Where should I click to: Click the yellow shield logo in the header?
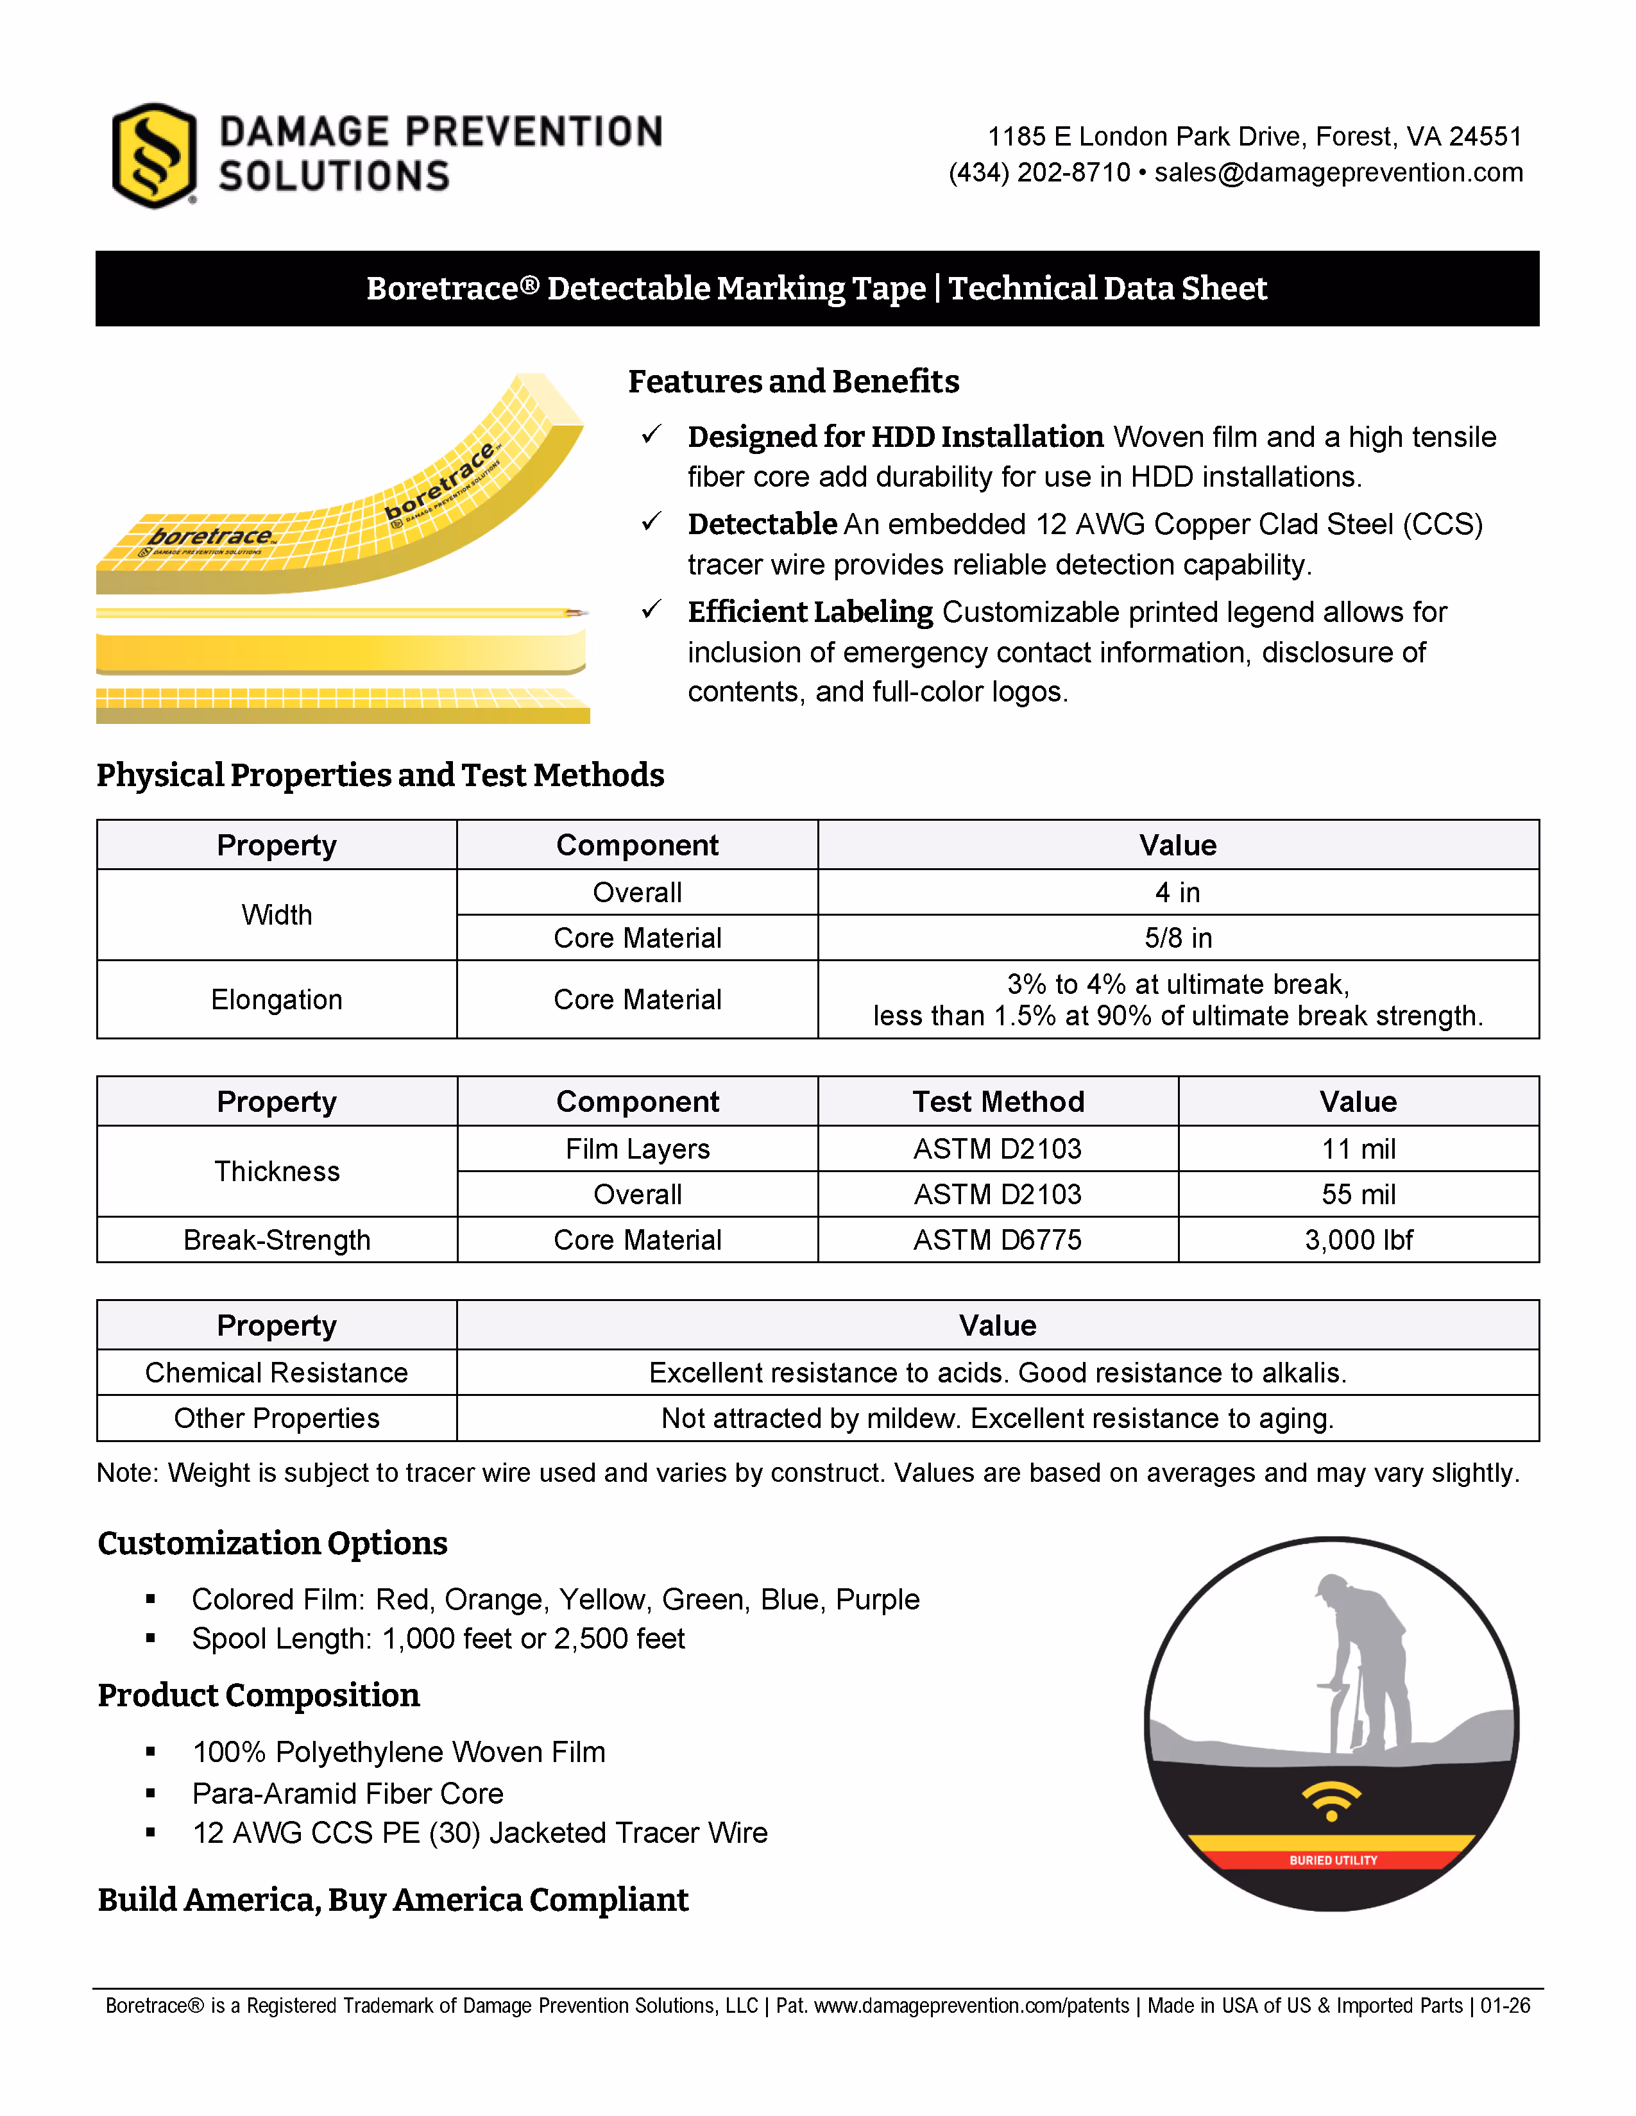point(154,155)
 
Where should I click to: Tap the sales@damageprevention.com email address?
point(1338,172)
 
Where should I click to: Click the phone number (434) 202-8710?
point(1039,172)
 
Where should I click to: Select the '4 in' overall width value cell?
point(1177,893)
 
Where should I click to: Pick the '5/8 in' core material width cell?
point(1177,938)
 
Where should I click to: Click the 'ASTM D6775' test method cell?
point(997,1240)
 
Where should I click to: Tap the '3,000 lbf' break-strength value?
point(1358,1240)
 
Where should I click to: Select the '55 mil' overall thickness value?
point(1358,1195)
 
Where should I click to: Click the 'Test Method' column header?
point(997,1102)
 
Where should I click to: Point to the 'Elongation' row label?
point(277,1000)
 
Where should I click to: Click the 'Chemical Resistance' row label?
point(277,1373)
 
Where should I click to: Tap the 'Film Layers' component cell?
point(637,1149)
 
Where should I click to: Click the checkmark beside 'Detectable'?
point(651,522)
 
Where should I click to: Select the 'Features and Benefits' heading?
point(793,382)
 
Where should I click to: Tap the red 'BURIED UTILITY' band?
point(1332,1860)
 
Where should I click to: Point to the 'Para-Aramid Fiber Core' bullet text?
point(347,1793)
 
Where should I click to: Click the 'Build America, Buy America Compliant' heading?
point(393,1900)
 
